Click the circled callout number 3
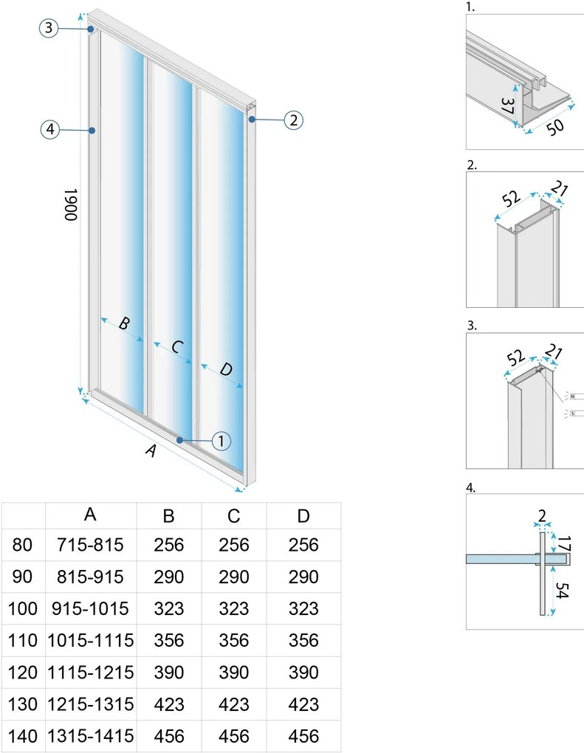[x=49, y=28]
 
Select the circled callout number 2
[x=294, y=120]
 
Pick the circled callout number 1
[x=221, y=441]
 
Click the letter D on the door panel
[x=226, y=369]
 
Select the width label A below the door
[x=151, y=452]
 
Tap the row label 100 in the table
[x=23, y=609]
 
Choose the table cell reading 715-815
[x=91, y=546]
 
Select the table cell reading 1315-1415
[x=91, y=736]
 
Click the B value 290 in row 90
[x=169, y=577]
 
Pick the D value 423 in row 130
[x=303, y=704]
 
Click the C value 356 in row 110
[x=234, y=641]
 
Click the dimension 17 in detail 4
[x=563, y=545]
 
